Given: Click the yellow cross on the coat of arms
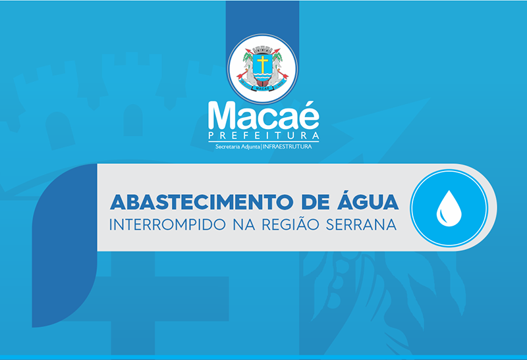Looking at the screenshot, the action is point(262,64).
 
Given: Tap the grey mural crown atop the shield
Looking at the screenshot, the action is point(262,50).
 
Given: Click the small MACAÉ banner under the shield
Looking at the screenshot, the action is point(262,88).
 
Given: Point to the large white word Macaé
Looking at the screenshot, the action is point(263,115).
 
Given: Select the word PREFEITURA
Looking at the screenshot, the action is point(263,136).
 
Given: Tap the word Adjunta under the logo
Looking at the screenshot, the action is point(250,147).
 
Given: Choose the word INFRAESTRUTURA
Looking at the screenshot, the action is point(287,147).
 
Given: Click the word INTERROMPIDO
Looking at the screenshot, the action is point(167,224).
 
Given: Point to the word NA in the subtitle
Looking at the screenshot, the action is point(244,224).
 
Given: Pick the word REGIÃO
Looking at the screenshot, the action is point(291,224).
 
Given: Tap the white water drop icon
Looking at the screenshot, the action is point(449,209).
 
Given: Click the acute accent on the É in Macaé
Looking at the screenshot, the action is point(310,103).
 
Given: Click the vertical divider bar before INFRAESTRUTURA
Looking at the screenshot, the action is point(261,147).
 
